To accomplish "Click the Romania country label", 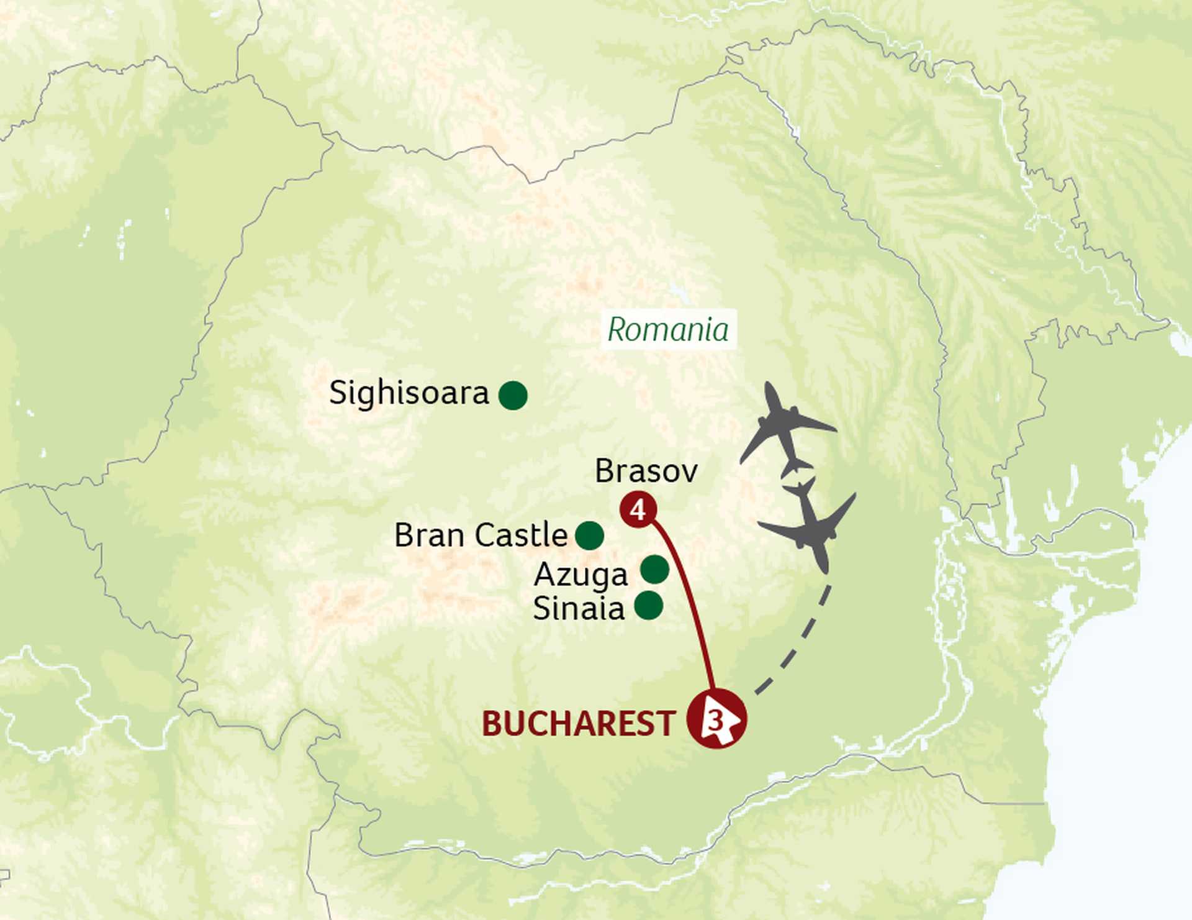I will pyautogui.click(x=668, y=329).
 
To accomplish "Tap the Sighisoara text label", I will pyautogui.click(x=409, y=393).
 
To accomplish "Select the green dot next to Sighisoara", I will pyautogui.click(x=513, y=395).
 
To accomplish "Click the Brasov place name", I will pyautogui.click(x=646, y=471).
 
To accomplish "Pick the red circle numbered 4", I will pyautogui.click(x=638, y=510).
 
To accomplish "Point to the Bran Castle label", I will pyautogui.click(x=481, y=535).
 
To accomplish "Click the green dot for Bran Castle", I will pyautogui.click(x=589, y=535).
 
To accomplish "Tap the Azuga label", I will pyautogui.click(x=580, y=574).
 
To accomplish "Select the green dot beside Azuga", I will pyautogui.click(x=654, y=569).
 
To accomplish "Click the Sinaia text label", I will pyautogui.click(x=579, y=608).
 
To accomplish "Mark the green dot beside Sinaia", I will pyautogui.click(x=649, y=606).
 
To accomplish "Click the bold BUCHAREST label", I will pyautogui.click(x=579, y=724).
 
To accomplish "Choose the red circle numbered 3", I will pyautogui.click(x=716, y=720).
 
